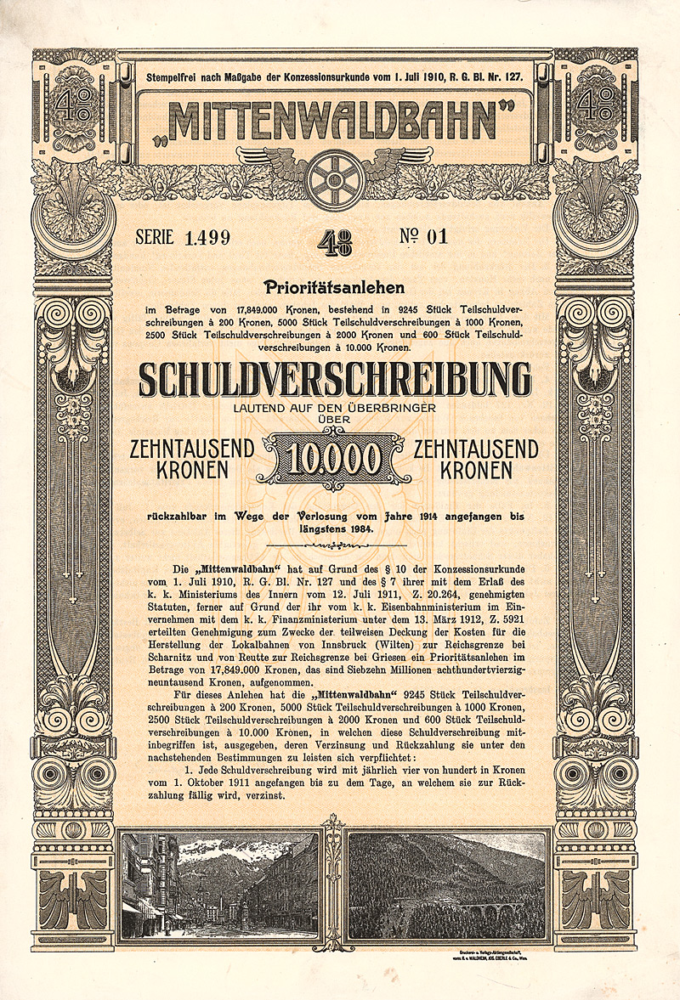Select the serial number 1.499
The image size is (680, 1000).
click(x=207, y=238)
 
